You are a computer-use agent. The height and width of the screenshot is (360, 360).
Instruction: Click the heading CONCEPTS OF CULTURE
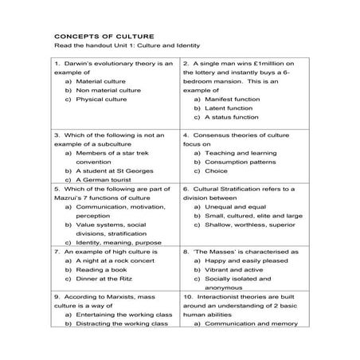[x=104, y=36]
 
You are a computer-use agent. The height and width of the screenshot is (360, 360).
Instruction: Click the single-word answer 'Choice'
[x=216, y=170]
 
